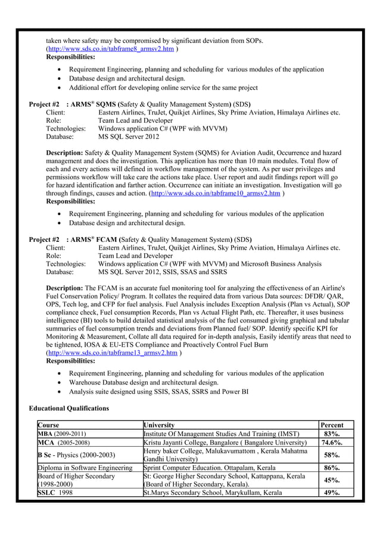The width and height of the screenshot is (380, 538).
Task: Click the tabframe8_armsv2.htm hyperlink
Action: tap(111, 48)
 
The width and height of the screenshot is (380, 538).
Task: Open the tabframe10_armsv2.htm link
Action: tap(216, 194)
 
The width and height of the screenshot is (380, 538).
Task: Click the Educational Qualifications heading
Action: tap(69, 408)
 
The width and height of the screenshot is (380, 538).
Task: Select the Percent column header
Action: tap(332, 425)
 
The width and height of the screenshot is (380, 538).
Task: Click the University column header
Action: tap(159, 425)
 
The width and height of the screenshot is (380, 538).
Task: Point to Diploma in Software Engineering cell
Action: tap(85, 468)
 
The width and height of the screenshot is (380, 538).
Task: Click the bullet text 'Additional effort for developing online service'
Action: tap(163, 88)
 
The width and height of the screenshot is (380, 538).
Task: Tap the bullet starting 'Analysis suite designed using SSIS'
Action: tap(158, 391)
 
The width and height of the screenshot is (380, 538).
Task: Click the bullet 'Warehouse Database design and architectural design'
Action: tap(144, 382)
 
